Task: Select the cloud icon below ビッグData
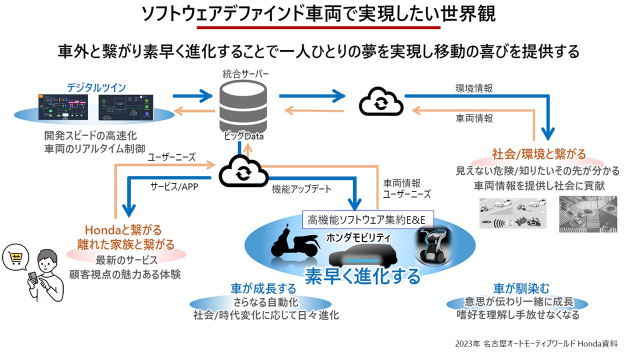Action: pos(242,171)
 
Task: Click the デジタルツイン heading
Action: pos(96,87)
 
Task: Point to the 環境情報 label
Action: pos(474,88)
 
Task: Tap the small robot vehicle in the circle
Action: pos(433,245)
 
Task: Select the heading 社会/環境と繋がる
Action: pos(539,153)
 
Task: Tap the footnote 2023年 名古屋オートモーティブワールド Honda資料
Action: pos(536,344)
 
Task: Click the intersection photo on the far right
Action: pos(588,214)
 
